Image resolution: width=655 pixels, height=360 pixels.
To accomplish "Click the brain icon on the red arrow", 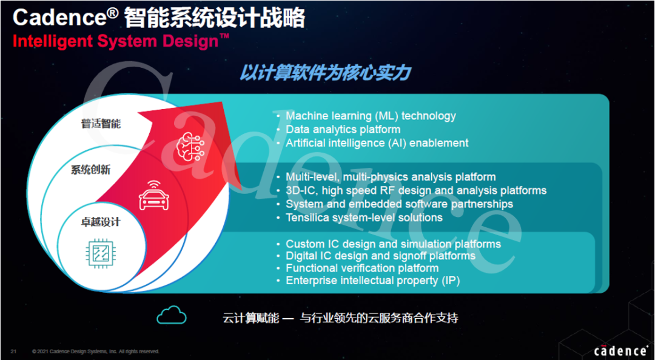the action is [x=190, y=144].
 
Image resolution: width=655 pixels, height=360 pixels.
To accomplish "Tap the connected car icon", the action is [x=153, y=195].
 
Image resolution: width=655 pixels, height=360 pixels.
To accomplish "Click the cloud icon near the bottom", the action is [x=171, y=315].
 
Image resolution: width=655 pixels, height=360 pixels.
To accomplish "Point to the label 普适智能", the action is [x=101, y=124].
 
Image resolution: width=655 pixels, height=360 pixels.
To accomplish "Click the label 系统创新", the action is [x=90, y=170].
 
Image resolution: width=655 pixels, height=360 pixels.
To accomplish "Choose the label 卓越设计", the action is [x=100, y=222].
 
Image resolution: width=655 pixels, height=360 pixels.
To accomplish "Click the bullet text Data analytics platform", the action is [x=343, y=130].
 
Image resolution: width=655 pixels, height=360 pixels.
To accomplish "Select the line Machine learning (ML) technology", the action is [x=371, y=116].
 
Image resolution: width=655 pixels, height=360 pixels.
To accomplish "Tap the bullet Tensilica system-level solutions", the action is [x=364, y=218].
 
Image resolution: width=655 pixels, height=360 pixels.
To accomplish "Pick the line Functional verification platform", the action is [x=362, y=268].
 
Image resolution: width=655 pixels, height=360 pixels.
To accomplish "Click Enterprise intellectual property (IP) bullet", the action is [x=372, y=281].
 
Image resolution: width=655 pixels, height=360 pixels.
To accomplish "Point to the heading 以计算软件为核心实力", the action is [x=325, y=73].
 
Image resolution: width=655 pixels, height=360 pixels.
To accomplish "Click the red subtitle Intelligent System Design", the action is [x=121, y=42].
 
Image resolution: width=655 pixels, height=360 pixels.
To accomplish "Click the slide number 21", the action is [x=13, y=352].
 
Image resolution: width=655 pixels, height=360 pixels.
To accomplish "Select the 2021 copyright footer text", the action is [x=96, y=352].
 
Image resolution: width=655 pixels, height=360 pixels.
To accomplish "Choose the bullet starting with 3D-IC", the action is [x=416, y=191].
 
